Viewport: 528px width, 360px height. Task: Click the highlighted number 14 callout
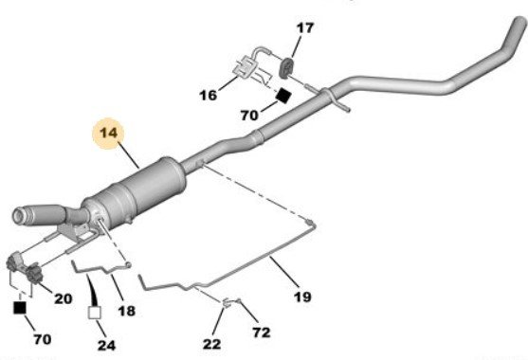coord(108,133)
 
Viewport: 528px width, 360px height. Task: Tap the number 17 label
coord(304,27)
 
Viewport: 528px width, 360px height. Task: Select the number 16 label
coord(209,96)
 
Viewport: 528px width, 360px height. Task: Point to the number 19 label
coord(302,297)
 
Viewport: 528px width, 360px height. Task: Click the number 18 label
coord(127,311)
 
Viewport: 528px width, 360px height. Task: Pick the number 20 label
coord(63,298)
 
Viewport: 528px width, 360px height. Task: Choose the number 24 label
coord(106,346)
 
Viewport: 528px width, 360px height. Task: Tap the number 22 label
coord(212,344)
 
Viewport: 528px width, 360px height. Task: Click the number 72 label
coord(262,333)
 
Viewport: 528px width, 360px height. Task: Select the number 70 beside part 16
coord(249,116)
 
